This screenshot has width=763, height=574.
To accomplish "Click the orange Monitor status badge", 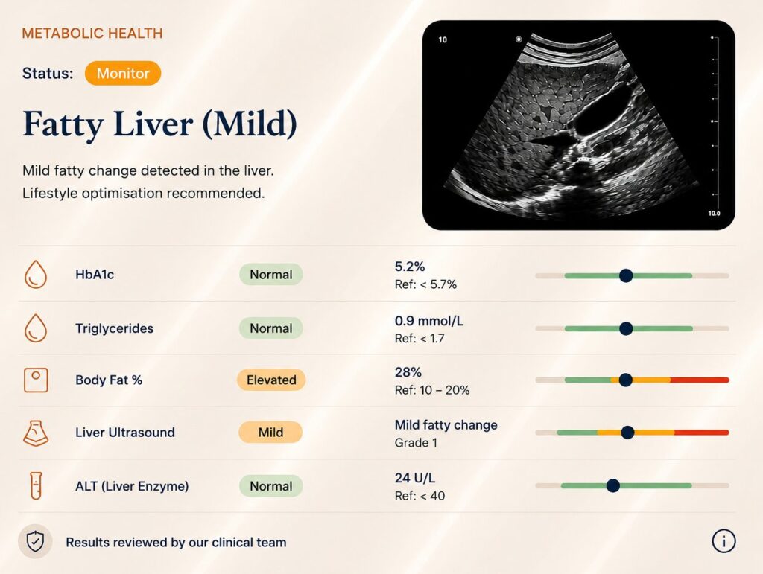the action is point(123,74).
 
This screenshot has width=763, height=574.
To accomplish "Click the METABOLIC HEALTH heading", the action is point(92,33).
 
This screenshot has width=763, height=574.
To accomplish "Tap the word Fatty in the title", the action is point(63,124).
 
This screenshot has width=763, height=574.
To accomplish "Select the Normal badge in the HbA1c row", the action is point(271,275).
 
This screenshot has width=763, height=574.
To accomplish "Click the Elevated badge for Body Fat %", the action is point(271,380).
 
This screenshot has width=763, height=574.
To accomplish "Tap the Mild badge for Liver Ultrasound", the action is point(270,432).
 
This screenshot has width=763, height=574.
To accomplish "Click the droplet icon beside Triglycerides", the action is point(36,328).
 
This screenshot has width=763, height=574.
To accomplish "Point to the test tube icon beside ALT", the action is point(36,485).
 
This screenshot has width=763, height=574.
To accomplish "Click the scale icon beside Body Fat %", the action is point(36,380).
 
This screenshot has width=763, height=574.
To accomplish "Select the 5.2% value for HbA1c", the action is point(410,267).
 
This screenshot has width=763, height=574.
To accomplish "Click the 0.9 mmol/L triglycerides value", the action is point(428,321).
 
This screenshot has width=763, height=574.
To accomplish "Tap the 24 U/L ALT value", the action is point(414,478).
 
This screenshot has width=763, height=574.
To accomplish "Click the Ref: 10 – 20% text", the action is point(432,390).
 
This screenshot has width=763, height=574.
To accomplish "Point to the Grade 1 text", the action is point(416,443).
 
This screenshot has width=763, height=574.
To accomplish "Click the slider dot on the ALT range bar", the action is point(613,485).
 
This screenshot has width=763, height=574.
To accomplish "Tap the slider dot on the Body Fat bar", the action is point(625,380).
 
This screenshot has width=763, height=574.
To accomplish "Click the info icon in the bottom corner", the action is point(724,541).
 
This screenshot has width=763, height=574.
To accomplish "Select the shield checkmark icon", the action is point(35,541).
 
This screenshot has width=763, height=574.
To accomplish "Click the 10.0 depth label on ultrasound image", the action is point(714,214).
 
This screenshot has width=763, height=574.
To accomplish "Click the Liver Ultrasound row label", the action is point(125,432).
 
